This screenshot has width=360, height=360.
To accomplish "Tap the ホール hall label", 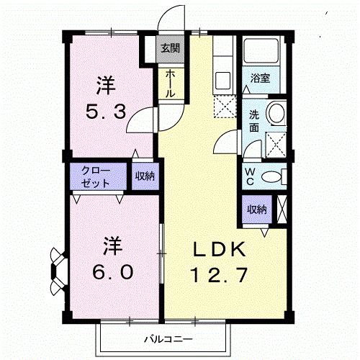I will pos(170,84).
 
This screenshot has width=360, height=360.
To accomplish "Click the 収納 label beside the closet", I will pos(143,176).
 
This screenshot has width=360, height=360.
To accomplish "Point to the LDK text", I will pos(224,250).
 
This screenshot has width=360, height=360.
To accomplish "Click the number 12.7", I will pos(224,274).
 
